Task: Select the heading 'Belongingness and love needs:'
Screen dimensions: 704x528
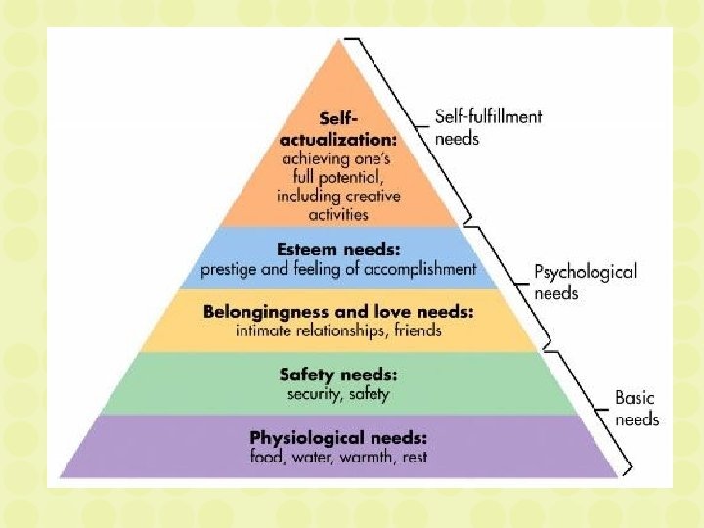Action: (x=338, y=312)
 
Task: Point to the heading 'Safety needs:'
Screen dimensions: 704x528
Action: (x=337, y=374)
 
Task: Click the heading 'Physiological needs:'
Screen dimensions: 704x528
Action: (x=338, y=437)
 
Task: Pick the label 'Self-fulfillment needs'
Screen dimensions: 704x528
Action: (x=487, y=127)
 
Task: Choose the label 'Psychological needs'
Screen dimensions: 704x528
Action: (x=584, y=281)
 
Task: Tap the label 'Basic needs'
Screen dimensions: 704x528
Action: (x=637, y=408)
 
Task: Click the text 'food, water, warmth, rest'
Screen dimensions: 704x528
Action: (x=338, y=456)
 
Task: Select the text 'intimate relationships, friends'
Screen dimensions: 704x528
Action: (x=338, y=330)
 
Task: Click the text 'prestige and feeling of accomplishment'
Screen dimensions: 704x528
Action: (x=338, y=269)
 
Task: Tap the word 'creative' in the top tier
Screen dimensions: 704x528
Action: (x=367, y=196)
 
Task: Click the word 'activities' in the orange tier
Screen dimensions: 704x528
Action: (x=336, y=214)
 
